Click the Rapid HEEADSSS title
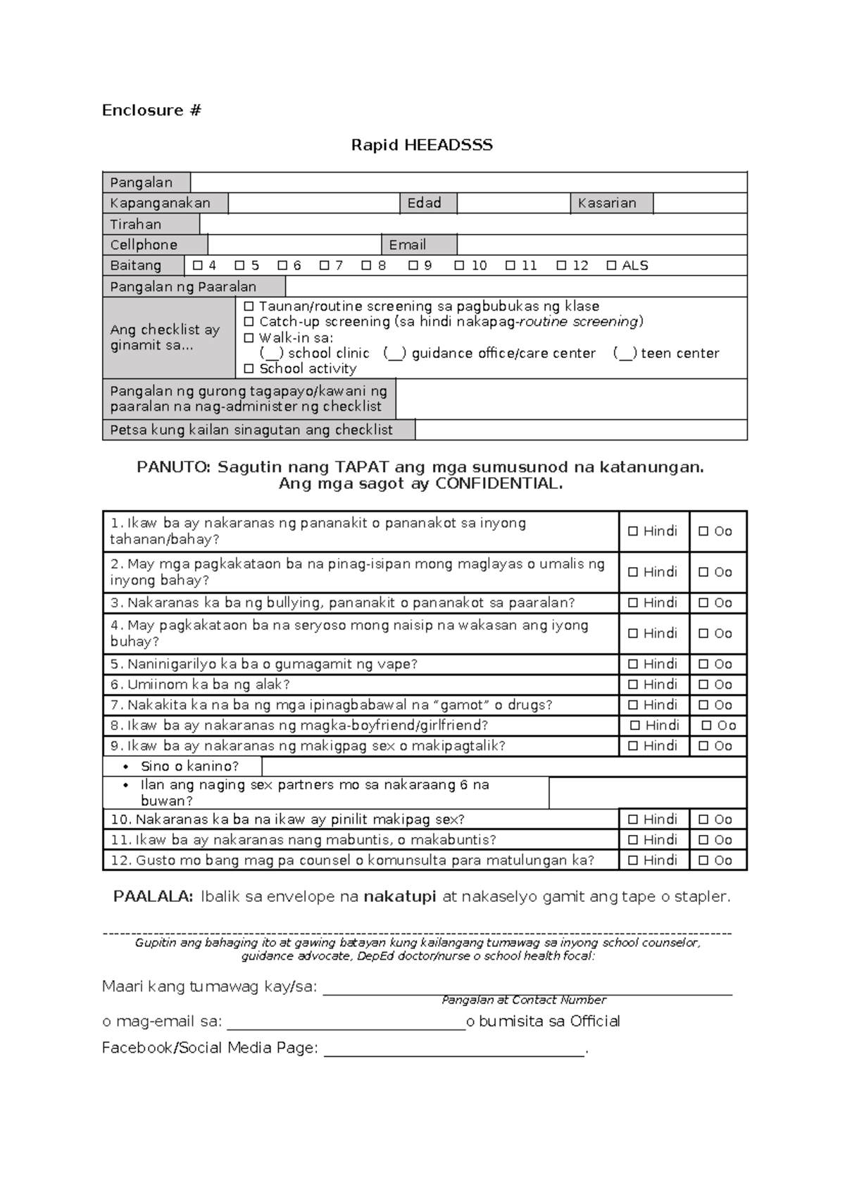click(x=422, y=145)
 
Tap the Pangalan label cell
click(x=146, y=182)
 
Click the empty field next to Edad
click(x=513, y=203)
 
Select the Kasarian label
click(x=611, y=203)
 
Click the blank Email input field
click(x=601, y=244)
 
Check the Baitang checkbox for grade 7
click(x=325, y=266)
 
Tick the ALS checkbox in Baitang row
click(x=611, y=266)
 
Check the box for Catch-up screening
click(x=249, y=322)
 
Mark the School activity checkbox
click(x=249, y=369)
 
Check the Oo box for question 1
click(x=703, y=531)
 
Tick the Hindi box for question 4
click(x=633, y=633)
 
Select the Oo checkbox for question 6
click(x=703, y=684)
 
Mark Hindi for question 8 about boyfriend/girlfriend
click(x=635, y=725)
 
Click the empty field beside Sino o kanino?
click(x=503, y=767)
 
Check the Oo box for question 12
click(x=703, y=860)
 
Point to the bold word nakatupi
click(x=400, y=897)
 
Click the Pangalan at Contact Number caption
click(x=524, y=1000)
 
